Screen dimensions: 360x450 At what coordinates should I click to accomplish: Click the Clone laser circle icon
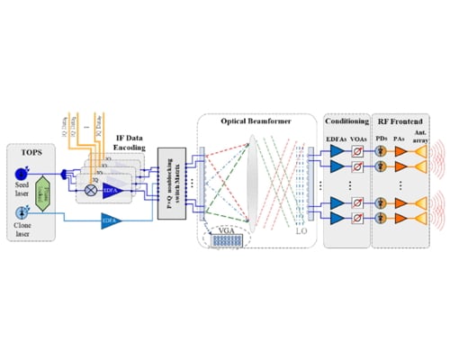click(x=21, y=215)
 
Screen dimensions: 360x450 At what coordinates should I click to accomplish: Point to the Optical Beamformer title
click(x=246, y=120)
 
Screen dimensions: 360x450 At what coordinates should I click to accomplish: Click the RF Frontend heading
click(x=400, y=120)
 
